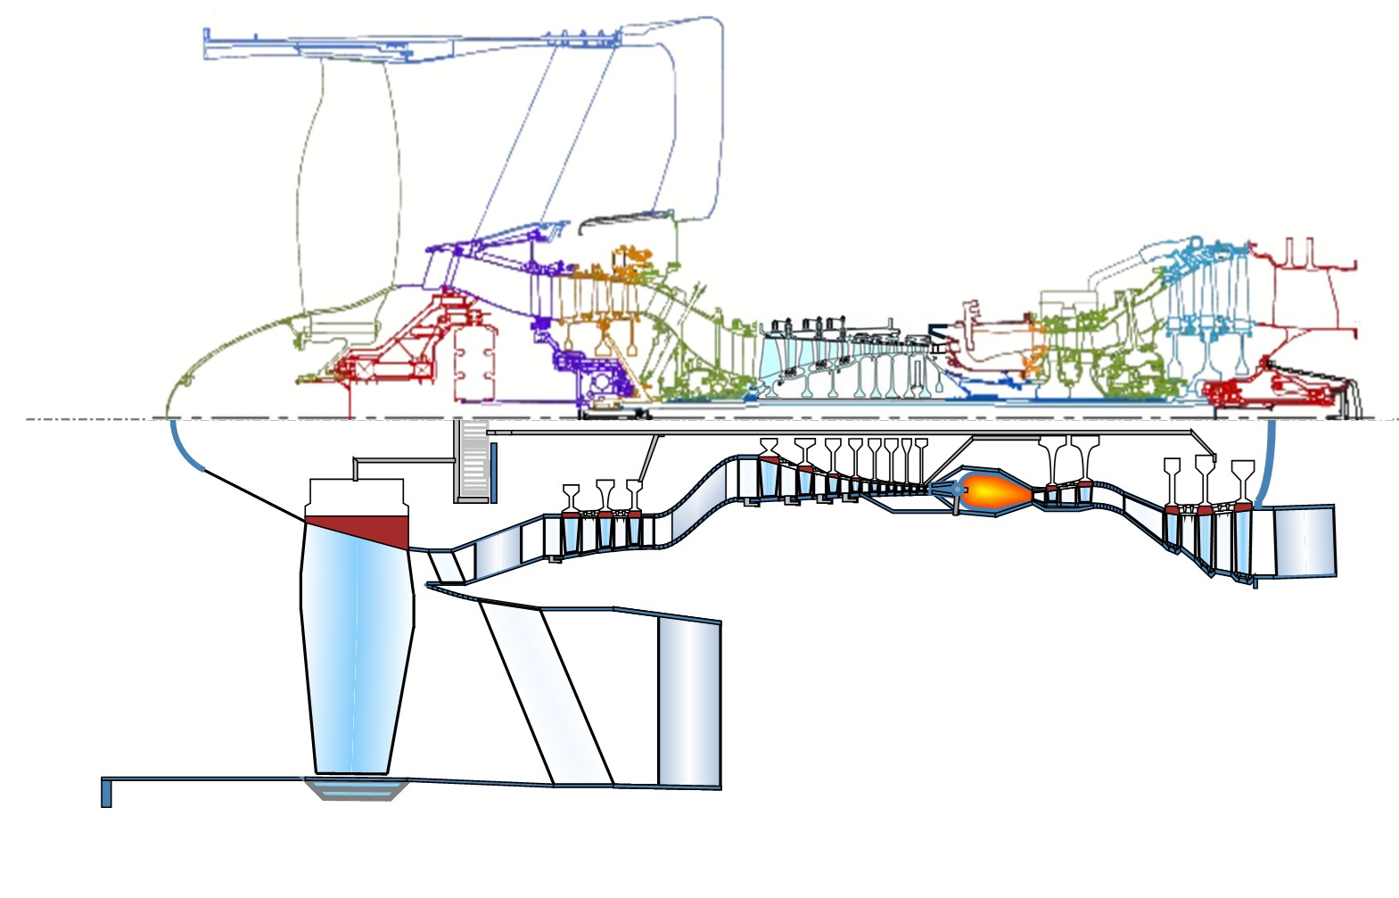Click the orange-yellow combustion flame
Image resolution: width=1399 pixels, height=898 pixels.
pyautogui.click(x=994, y=490)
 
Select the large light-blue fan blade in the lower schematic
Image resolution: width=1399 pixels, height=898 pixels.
pyautogui.click(x=357, y=651)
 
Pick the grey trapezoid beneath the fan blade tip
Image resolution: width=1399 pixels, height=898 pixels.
pyautogui.click(x=357, y=788)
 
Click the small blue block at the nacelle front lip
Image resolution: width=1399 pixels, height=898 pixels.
pyautogui.click(x=106, y=793)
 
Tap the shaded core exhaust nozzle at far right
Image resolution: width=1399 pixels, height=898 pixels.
pyautogui.click(x=1304, y=540)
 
